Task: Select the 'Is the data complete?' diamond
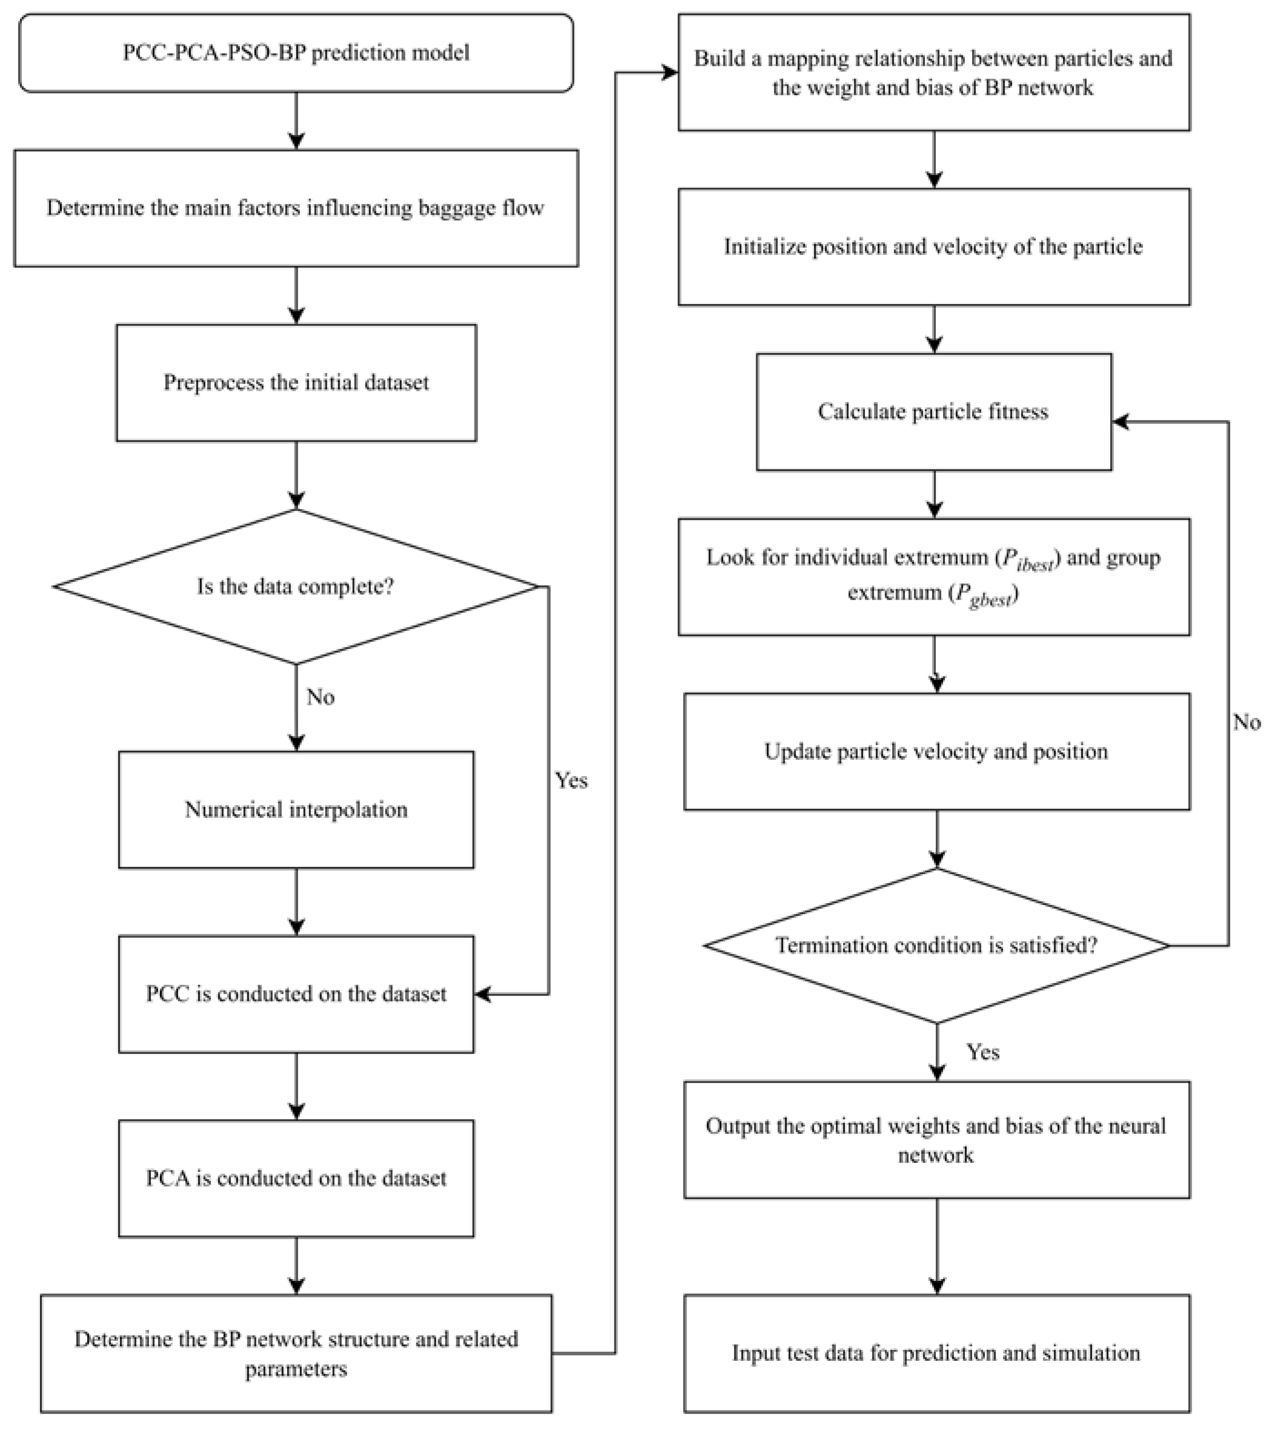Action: pyautogui.click(x=296, y=586)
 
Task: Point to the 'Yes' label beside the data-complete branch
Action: pyautogui.click(x=571, y=780)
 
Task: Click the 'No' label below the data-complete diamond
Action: pyautogui.click(x=320, y=697)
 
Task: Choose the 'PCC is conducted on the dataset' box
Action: pyautogui.click(x=296, y=993)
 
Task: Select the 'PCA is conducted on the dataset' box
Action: pyautogui.click(x=296, y=1178)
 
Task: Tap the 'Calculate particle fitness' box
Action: pyautogui.click(x=933, y=411)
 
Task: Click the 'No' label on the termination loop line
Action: pyautogui.click(x=1246, y=722)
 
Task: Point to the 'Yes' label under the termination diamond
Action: pyautogui.click(x=983, y=1052)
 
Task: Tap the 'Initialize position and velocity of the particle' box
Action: pyautogui.click(x=933, y=246)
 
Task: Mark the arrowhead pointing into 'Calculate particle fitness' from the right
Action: pyautogui.click(x=1120, y=422)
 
